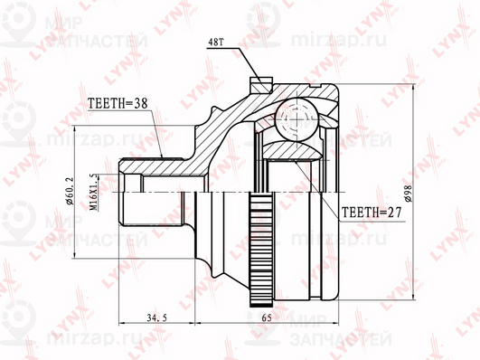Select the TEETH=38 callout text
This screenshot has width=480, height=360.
[119, 103]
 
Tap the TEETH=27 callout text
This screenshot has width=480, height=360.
[371, 213]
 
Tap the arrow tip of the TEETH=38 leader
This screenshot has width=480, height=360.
[163, 158]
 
